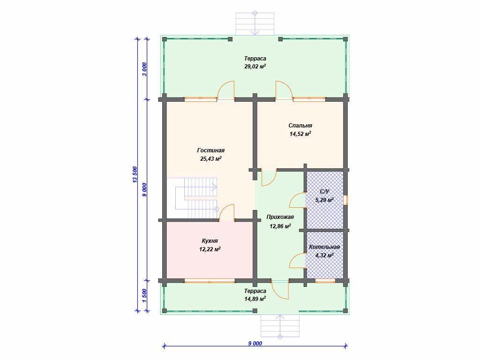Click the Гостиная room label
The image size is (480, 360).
(210, 150)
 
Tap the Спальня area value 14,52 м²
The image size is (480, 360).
(300, 134)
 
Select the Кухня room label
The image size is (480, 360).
(210, 241)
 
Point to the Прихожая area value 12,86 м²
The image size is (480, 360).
(280, 226)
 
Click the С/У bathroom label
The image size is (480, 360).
(324, 192)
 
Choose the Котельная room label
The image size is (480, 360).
(324, 247)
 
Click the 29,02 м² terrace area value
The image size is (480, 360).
(255, 67)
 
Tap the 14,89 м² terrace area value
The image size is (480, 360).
(255, 299)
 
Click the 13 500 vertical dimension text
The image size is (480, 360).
(135, 175)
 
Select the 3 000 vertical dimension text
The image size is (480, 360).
(144, 69)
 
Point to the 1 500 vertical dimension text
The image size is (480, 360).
(144, 295)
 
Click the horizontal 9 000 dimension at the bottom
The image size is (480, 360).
(255, 344)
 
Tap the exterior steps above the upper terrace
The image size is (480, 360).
(255, 24)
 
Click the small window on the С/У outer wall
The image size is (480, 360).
(346, 200)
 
